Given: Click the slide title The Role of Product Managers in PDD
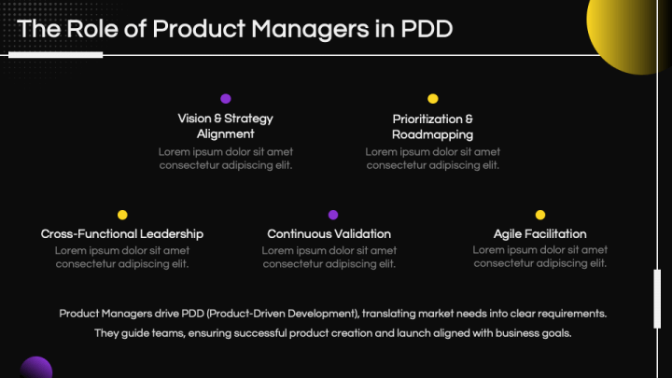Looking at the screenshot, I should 235,29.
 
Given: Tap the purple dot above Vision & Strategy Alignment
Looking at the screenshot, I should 226,98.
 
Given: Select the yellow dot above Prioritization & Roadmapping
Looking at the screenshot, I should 433,98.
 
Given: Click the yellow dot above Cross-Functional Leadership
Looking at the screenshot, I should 122,215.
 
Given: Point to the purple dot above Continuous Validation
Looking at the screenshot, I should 333,215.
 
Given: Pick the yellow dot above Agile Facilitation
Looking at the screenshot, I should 540,215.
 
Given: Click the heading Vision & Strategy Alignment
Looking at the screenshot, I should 226,126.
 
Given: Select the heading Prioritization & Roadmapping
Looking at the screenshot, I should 433,126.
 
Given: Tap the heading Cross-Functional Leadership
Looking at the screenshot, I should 122,233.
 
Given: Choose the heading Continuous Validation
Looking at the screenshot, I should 329,233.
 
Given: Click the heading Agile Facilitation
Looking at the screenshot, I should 540,233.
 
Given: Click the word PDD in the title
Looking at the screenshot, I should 427,29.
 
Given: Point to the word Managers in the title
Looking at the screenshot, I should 307,29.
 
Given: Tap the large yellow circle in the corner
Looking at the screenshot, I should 631,28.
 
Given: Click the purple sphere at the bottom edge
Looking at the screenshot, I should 35,368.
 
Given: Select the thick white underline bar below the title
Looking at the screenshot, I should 56,55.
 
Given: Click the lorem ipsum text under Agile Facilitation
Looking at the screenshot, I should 540,257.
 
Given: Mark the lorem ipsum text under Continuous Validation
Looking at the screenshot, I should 329,257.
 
